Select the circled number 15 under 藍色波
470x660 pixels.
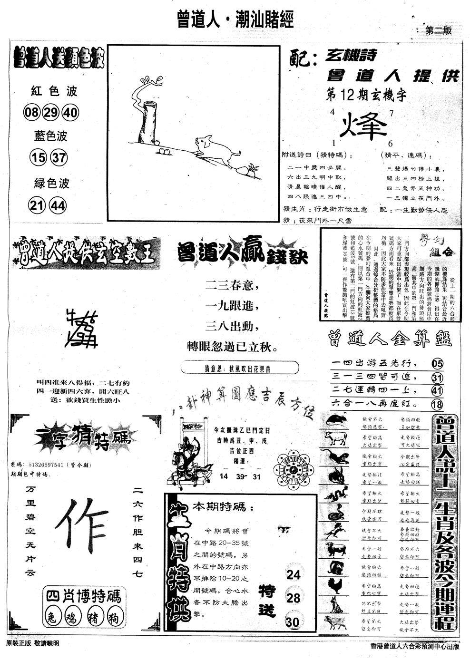point(36,157)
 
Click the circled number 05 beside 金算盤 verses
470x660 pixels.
point(437,364)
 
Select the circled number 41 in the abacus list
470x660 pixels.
point(437,391)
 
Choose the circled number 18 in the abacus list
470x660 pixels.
point(437,404)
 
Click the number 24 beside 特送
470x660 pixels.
point(293,575)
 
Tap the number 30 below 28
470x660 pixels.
point(293,622)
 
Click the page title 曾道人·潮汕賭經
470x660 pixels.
point(235,19)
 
